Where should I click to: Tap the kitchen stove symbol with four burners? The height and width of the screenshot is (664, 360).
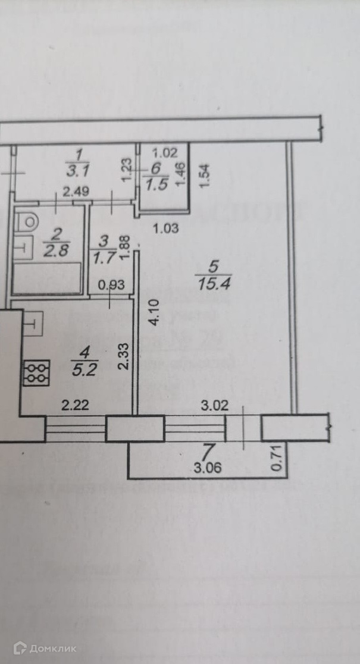[x=35, y=372]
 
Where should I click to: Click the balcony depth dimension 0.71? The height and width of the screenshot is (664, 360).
[x=276, y=460]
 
